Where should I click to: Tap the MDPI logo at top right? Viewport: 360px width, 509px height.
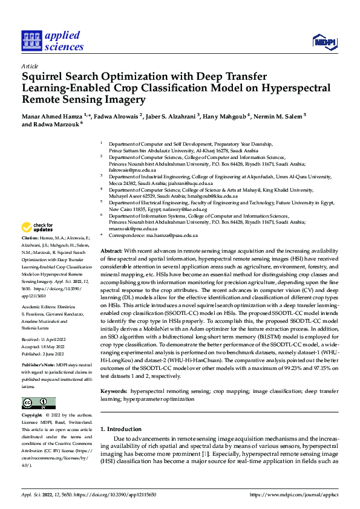[x=324, y=41]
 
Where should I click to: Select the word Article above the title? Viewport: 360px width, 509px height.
[x=30, y=65]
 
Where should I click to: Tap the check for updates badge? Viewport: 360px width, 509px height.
[x=37, y=227]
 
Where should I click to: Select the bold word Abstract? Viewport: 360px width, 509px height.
[x=111, y=250]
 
